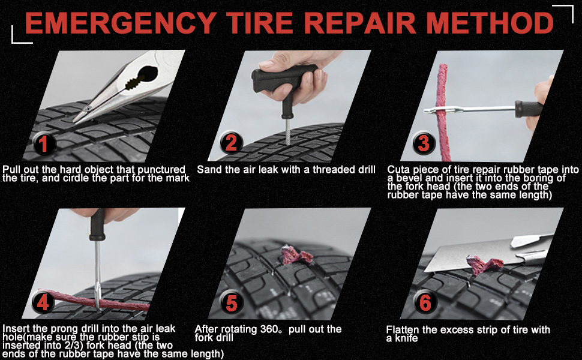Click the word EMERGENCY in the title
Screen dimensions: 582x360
click(121, 23)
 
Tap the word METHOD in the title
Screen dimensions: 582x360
click(490, 23)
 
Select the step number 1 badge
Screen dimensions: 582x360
click(44, 143)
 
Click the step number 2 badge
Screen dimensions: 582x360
click(231, 143)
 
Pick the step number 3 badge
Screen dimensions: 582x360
click(424, 143)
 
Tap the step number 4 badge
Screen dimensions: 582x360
click(43, 302)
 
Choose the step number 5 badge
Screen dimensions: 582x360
click(232, 302)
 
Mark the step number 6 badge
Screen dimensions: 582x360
click(425, 302)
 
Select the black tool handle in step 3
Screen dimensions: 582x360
click(529, 109)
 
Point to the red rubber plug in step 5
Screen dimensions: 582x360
click(295, 255)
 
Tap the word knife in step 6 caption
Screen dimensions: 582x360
click(405, 338)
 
